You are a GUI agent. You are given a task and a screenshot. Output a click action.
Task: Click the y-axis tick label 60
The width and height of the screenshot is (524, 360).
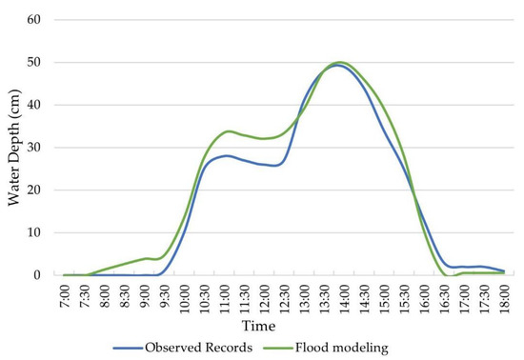pyautogui.click(x=40, y=20)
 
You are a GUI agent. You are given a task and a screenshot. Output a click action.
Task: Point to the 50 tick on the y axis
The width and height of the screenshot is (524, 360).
pyautogui.click(x=40, y=63)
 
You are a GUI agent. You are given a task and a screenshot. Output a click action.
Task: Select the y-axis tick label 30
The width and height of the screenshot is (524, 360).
pyautogui.click(x=40, y=148)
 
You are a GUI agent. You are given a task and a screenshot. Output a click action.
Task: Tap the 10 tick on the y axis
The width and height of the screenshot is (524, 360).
pyautogui.click(x=40, y=232)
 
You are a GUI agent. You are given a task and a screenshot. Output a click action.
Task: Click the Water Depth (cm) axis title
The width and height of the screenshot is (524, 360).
pyautogui.click(x=12, y=148)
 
